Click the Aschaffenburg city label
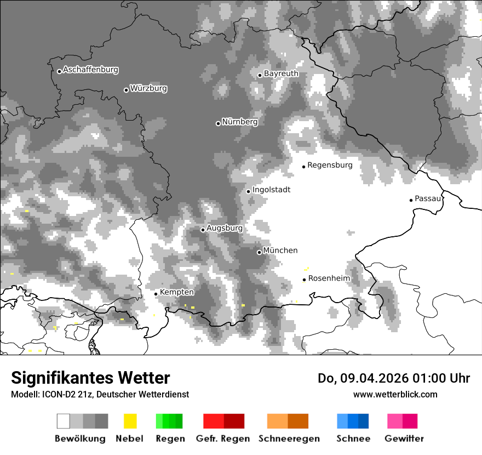90,70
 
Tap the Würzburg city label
148,88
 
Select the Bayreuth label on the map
281,73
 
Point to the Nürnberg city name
240,122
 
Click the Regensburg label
330,165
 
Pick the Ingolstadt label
271,190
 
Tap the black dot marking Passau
411,200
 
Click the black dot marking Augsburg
203,230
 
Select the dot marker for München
259,252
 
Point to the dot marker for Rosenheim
304,280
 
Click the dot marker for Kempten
156,294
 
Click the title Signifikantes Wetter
90,378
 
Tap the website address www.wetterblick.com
395,394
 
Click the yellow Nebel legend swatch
130,421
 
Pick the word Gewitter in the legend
404,439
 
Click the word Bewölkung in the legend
80,439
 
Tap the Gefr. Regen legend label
223,439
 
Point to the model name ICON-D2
56,394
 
